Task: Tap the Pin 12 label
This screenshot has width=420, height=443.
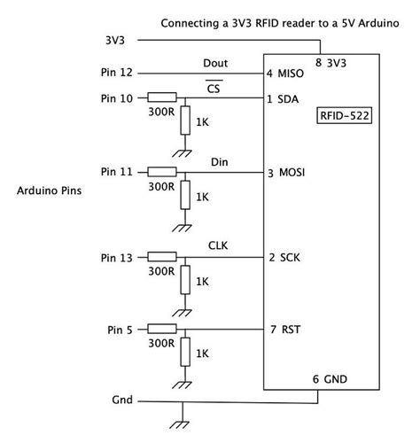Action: point(119,73)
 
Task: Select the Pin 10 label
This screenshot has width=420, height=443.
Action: point(119,97)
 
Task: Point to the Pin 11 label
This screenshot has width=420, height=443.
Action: point(119,171)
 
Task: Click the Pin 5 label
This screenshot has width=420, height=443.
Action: point(121,330)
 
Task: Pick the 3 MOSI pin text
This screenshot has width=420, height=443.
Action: point(286,171)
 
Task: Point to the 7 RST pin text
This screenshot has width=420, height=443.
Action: point(284,330)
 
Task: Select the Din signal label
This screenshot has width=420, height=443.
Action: point(221,162)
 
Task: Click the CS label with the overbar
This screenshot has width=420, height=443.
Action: point(214,89)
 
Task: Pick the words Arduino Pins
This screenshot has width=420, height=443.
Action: point(51,190)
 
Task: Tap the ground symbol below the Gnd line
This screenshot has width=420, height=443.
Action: point(182,416)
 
